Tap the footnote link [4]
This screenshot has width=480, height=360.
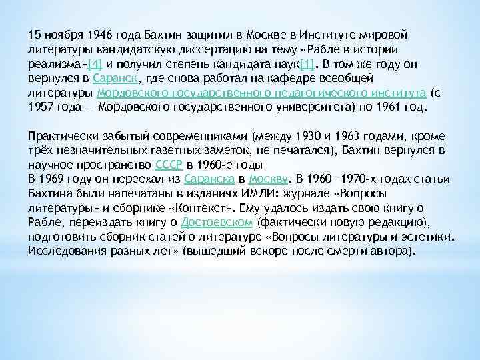click(95, 65)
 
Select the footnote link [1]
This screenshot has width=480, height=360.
click(307, 65)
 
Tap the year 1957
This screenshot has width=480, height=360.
click(41, 108)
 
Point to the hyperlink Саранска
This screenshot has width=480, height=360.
click(208, 179)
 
